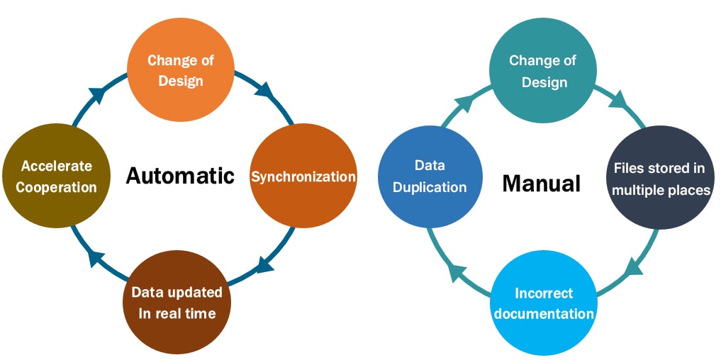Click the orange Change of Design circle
(180, 70)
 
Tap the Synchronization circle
(303, 176)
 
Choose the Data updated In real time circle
(177, 302)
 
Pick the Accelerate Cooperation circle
(56, 176)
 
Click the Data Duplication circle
(430, 176)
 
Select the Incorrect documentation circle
(543, 303)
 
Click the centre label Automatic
(180, 175)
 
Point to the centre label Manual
(542, 184)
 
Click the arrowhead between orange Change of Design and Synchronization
(264, 90)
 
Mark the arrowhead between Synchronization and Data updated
(265, 264)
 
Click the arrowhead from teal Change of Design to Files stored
(617, 100)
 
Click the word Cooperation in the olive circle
(56, 187)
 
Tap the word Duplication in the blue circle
(430, 188)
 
